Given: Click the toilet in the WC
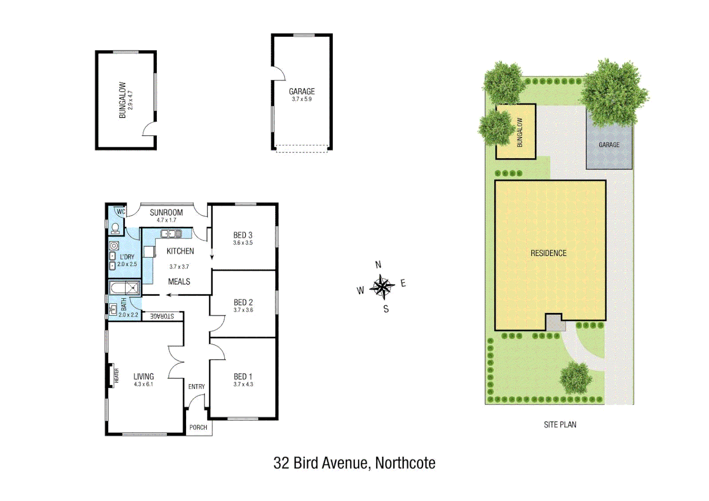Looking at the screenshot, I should pos(115,228).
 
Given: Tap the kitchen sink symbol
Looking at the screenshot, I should pos(171,234).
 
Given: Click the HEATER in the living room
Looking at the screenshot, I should pos(113,375).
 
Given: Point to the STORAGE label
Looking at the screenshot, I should pos(162,316).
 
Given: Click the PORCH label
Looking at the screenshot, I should pos(198,427).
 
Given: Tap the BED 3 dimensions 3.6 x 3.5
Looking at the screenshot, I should pos(243,243).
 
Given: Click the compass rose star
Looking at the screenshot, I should pos(382,287).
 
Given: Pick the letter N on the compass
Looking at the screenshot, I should pos(378,265).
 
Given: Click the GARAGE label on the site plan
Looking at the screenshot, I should pos(609,145).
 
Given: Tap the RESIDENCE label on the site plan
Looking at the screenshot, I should pos(548,253).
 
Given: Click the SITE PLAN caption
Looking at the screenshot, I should pos(560,424).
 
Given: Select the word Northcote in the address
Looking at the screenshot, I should pos(405,463).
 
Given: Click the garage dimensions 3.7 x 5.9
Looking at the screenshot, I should pos(302,99).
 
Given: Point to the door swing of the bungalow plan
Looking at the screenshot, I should pos(149,129).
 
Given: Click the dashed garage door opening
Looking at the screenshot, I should pos(302,148).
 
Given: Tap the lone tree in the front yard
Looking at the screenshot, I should pos(575,377).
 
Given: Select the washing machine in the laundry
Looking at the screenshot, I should pos(114,246).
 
